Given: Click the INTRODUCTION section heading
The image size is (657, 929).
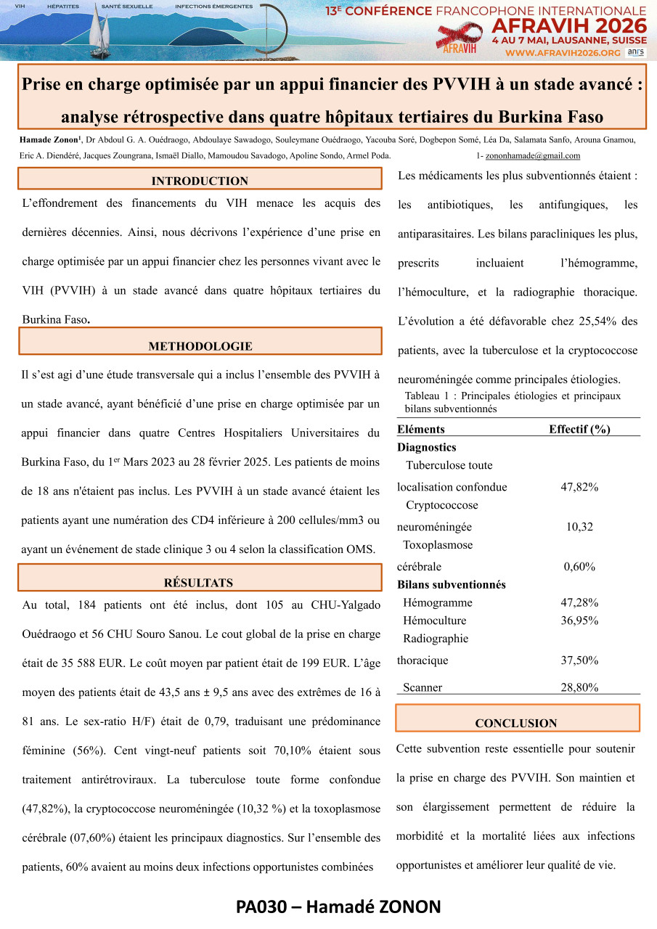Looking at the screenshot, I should (200, 181).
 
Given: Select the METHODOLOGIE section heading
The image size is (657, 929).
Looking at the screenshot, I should (200, 346).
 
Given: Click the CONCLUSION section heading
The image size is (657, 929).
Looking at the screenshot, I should (516, 723).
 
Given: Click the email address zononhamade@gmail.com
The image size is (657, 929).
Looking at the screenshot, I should (532, 156).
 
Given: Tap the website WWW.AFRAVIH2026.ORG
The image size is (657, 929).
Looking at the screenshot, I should (563, 53).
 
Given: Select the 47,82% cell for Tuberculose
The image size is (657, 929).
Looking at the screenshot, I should (579, 487).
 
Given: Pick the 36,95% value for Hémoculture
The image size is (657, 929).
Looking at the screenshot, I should (579, 621).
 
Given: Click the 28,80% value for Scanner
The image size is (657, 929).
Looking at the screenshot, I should (579, 687).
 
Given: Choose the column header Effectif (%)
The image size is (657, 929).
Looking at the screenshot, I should (579, 429).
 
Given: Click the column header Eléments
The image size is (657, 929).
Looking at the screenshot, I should (421, 429).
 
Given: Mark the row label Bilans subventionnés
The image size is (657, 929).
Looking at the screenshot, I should (452, 584).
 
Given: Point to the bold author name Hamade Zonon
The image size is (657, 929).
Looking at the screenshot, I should (49, 140).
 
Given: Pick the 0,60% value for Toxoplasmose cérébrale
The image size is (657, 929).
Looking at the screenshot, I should (579, 566).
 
